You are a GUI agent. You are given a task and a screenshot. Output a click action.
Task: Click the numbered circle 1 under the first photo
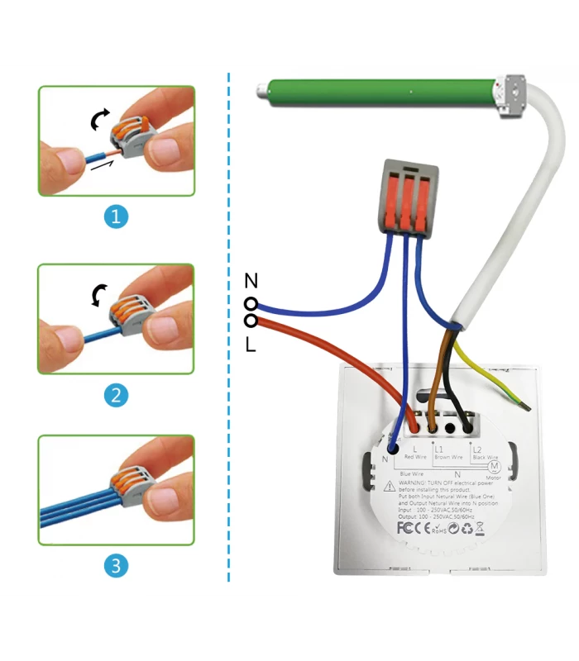pyautogui.click(x=117, y=216)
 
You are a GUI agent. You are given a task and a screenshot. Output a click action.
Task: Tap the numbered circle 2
pyautogui.click(x=117, y=395)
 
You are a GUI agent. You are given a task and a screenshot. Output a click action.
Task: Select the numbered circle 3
pyautogui.click(x=117, y=566)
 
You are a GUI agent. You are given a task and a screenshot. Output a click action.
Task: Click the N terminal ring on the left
pyautogui.click(x=250, y=304)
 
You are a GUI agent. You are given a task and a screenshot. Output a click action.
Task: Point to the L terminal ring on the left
pyautogui.click(x=250, y=320)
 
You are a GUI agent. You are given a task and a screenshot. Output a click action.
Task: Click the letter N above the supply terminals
pyautogui.click(x=251, y=281)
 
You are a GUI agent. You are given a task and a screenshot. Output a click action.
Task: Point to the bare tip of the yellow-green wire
pyautogui.click(x=524, y=405)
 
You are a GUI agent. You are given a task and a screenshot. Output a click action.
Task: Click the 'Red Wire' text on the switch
pyautogui.click(x=414, y=457)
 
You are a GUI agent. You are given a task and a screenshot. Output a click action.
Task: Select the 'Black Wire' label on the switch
pyautogui.click(x=485, y=457)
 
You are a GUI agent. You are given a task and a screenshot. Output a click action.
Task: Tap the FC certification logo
pyautogui.click(x=405, y=527)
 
